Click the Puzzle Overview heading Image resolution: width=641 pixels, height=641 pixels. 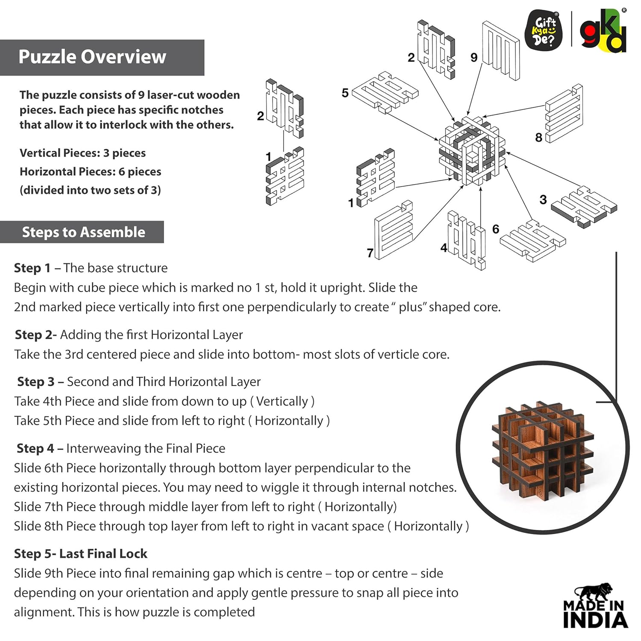92,57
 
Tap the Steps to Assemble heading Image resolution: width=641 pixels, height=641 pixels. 84,232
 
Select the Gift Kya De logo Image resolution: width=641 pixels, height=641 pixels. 544,31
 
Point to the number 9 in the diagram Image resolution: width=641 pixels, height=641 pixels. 474,57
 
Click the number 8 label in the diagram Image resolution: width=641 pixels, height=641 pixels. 538,138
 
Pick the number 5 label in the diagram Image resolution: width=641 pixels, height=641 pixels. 345,93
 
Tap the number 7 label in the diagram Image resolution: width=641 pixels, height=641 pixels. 370,253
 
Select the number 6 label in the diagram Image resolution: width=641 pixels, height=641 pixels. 496,229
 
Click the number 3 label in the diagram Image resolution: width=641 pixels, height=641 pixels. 543,200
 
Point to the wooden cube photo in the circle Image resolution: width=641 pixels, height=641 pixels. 543,449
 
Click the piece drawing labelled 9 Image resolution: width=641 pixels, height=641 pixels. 501,50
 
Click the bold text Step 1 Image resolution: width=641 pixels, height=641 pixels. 32,268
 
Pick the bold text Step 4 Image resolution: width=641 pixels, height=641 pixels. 35,448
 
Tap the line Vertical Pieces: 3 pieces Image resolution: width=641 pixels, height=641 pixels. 82,153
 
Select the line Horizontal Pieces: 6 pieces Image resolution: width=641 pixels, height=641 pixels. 90,172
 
